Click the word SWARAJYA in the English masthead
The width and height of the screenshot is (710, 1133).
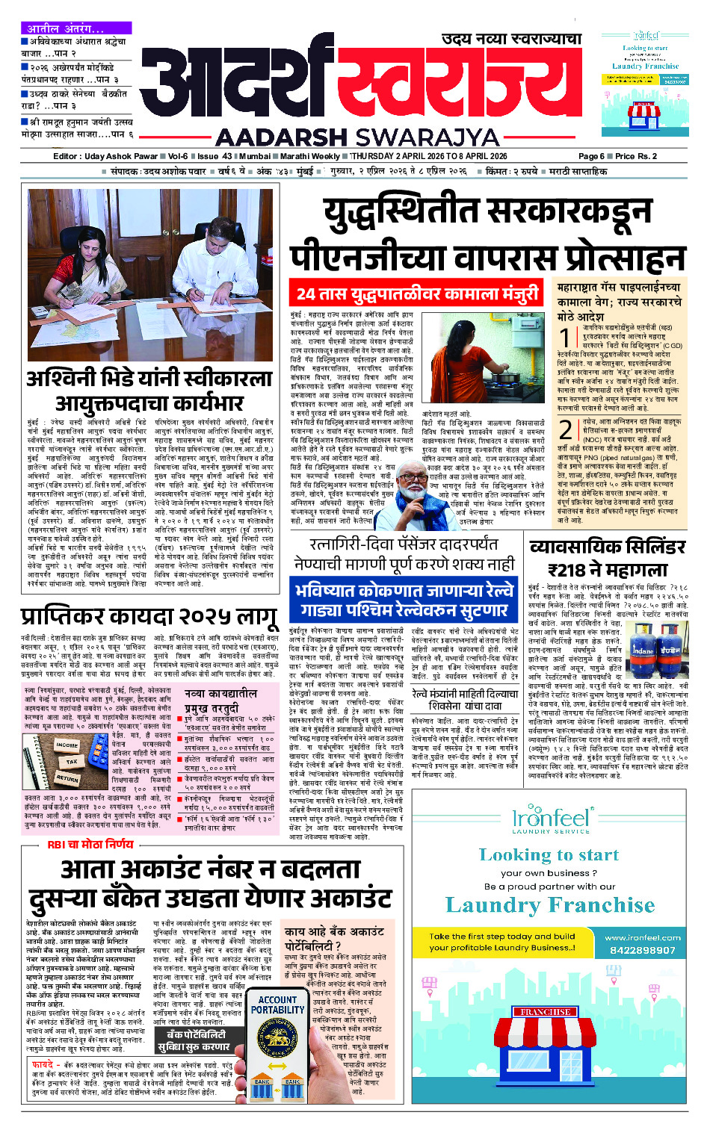point(427,137)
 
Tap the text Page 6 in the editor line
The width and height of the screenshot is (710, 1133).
point(591,156)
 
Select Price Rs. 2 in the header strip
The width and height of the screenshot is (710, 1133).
point(636,156)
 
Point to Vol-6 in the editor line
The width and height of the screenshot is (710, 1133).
point(178,156)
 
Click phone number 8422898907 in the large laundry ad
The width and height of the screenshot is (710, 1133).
point(642,950)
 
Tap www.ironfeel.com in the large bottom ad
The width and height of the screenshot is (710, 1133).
point(642,937)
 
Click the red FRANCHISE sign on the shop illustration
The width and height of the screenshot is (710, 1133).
point(546,1012)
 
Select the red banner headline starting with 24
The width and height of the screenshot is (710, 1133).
point(417,294)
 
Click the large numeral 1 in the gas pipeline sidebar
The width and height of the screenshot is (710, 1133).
point(566,338)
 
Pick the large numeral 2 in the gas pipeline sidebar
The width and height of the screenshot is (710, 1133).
point(566,429)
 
